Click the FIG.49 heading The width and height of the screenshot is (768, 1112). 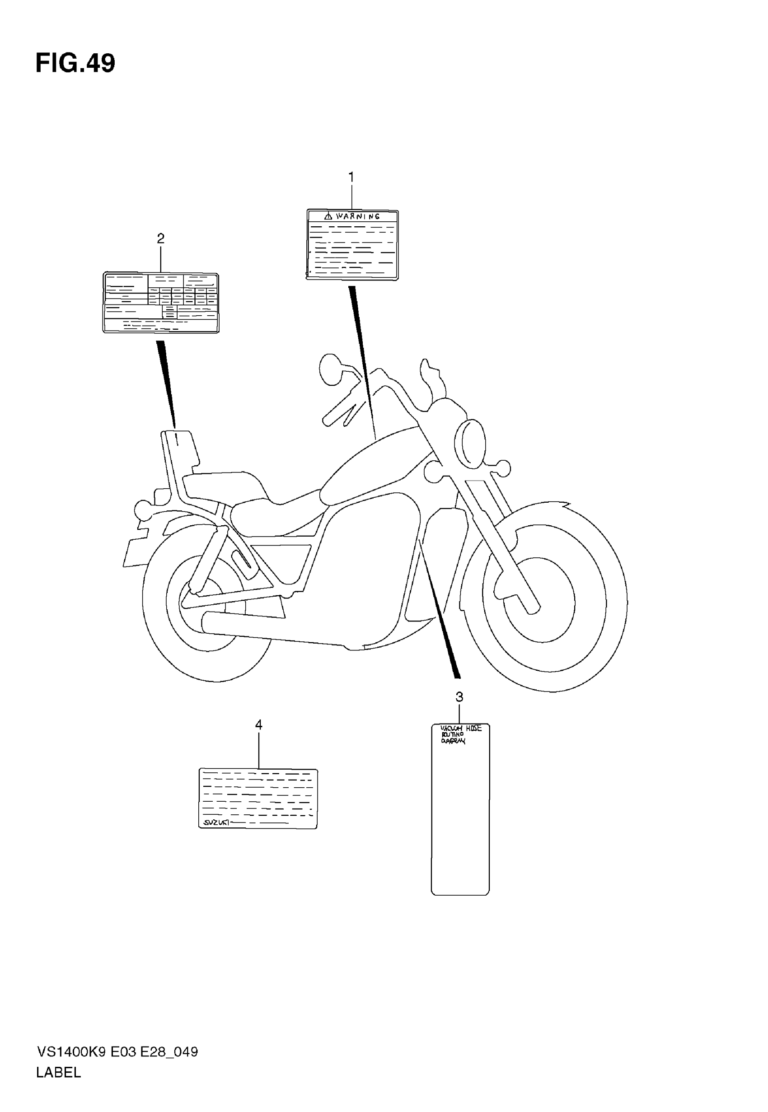(x=75, y=64)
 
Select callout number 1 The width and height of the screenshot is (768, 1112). (x=351, y=177)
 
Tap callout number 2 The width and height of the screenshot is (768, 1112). (x=161, y=238)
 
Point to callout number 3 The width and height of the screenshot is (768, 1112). (x=459, y=696)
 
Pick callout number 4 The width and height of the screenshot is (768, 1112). (x=258, y=724)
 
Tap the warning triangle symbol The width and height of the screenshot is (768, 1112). (x=328, y=216)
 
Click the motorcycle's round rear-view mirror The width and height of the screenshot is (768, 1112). (x=330, y=369)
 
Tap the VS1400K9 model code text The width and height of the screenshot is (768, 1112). (x=72, y=1052)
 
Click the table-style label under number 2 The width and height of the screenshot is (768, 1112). (x=161, y=302)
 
